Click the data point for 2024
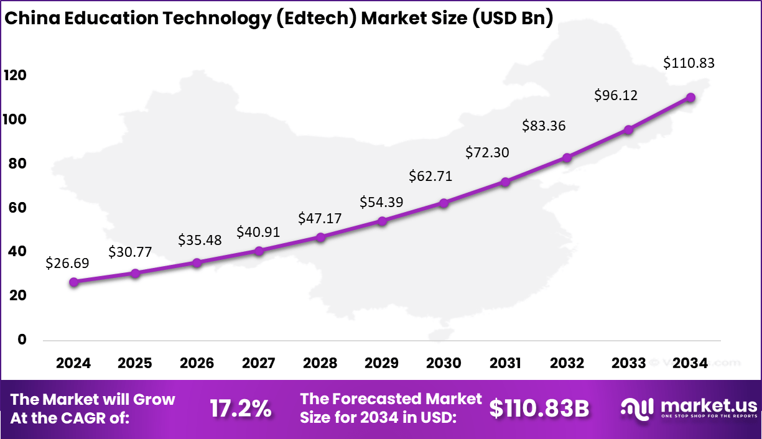pos(74,282)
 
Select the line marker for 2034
pos(690,98)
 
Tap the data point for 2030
pos(444,203)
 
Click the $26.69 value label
pos(67,263)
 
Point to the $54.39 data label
pos(381,202)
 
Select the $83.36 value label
pos(544,126)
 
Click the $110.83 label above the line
pos(689,63)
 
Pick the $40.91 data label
pos(258,232)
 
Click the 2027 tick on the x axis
pos(259,363)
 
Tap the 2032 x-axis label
pos(567,363)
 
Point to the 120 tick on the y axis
pos(14,75)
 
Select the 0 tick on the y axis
pos(22,340)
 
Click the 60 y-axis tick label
pos(18,208)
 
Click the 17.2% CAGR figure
pos(240,409)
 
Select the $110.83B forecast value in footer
pos(539,409)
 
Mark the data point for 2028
pos(320,237)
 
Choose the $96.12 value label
pos(616,95)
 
